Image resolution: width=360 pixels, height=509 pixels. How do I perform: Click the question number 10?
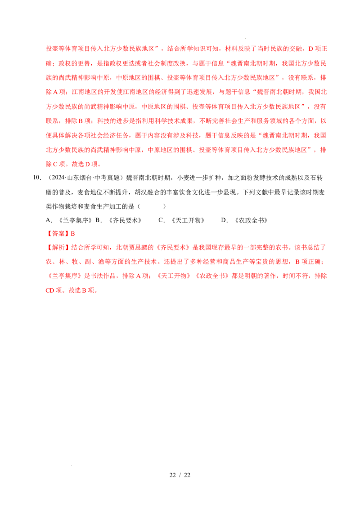click(37, 178)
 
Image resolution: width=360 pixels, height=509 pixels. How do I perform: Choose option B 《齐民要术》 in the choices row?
click(119, 220)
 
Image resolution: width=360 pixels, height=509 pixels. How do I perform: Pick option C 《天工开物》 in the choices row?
click(182, 220)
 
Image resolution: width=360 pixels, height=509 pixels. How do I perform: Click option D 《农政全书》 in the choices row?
click(244, 220)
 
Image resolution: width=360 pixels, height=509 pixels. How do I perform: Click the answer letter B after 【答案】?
click(73, 234)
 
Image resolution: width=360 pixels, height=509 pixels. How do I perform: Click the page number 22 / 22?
click(180, 475)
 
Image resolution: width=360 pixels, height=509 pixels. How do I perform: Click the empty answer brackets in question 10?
click(152, 206)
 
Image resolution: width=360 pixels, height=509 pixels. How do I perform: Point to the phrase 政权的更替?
click(74, 63)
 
